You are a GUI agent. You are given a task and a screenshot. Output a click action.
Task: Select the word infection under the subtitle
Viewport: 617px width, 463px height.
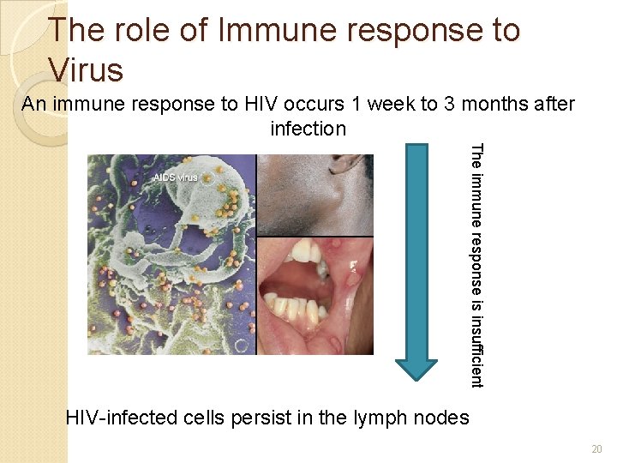tap(308, 129)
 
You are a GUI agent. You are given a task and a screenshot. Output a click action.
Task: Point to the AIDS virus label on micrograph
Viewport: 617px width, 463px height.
tap(175, 177)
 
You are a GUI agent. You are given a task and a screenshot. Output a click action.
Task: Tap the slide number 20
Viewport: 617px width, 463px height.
tap(597, 448)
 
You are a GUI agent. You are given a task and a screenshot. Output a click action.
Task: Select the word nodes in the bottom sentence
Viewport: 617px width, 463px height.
tap(439, 418)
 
